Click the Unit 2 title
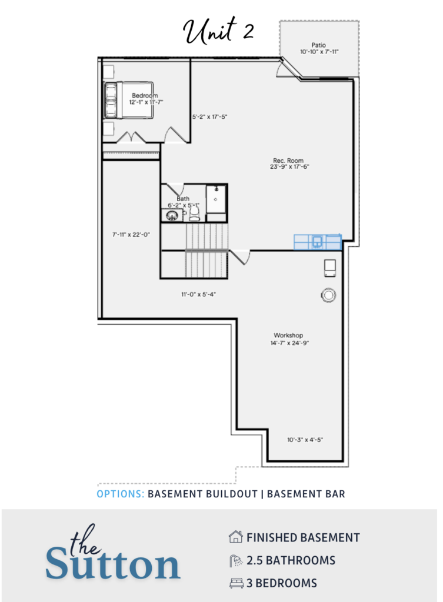tap(218, 30)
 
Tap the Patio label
tap(318, 45)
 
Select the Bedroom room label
tap(145, 95)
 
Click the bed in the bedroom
tap(129, 100)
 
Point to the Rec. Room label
tap(288, 160)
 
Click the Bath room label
tap(183, 199)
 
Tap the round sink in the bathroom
tap(172, 215)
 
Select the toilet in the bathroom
tap(194, 213)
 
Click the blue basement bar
tap(318, 242)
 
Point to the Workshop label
tap(288, 335)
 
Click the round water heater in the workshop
tap(328, 295)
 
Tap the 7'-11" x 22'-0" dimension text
tap(131, 235)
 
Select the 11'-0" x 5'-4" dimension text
tap(199, 295)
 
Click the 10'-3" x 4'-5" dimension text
tap(305, 440)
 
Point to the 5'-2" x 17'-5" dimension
tap(210, 117)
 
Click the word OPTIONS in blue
tap(120, 494)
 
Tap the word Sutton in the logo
tap(112, 564)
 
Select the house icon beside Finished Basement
tap(235, 537)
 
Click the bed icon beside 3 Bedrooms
tap(237, 583)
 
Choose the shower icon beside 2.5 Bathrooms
tap(236, 560)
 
